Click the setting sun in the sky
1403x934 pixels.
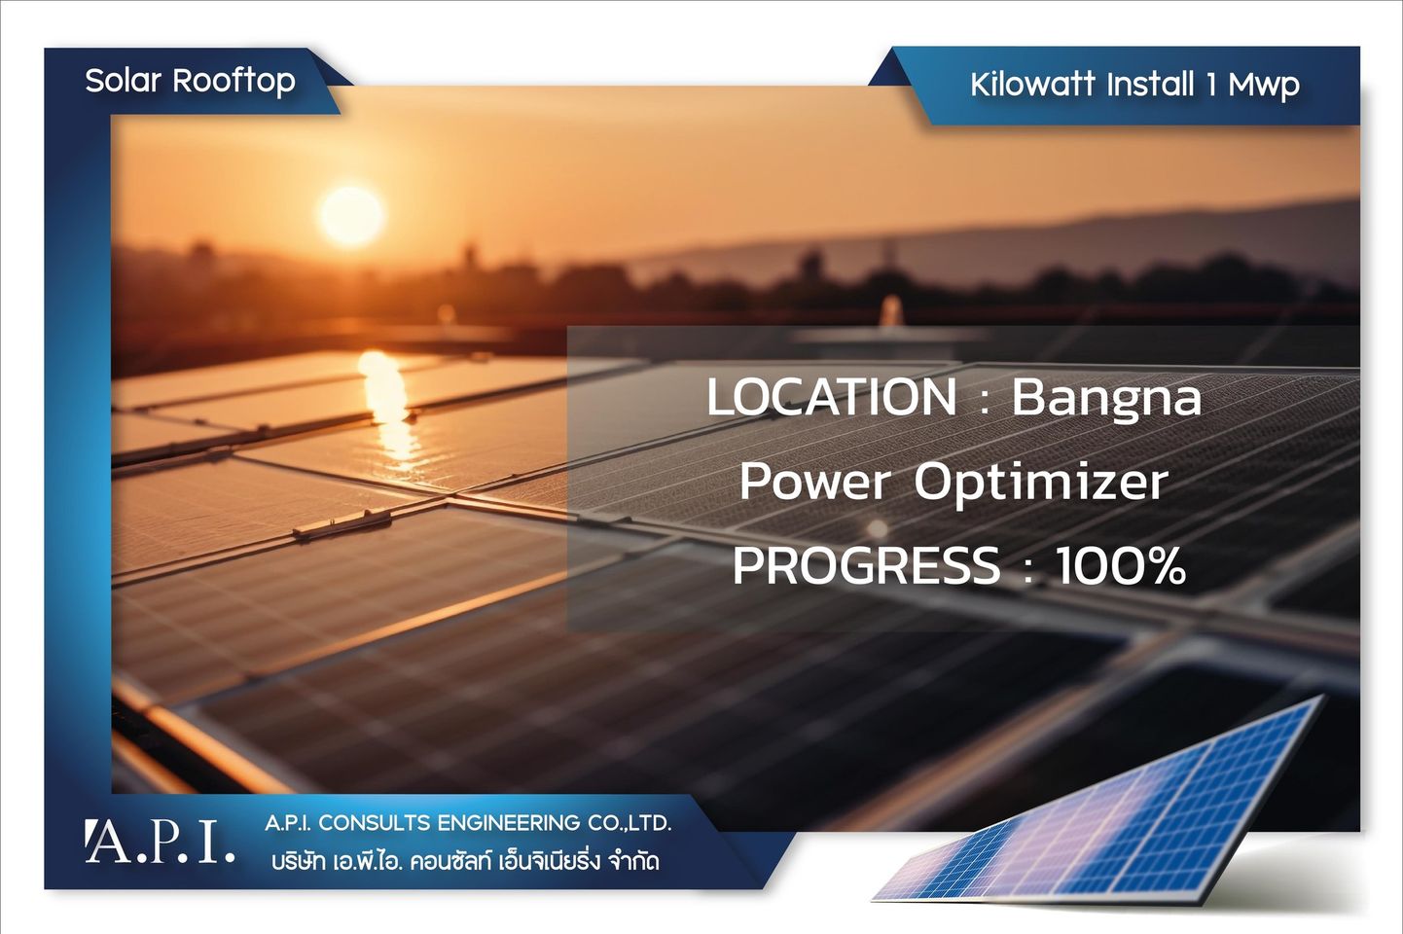pos(351,215)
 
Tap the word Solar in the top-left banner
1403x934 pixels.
pos(124,81)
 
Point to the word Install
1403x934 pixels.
pos(1151,85)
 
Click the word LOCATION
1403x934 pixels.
pos(832,397)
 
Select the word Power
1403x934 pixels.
pos(814,482)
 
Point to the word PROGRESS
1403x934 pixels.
pos(866,565)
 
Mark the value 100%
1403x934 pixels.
pos(1121,565)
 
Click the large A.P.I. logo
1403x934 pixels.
pos(161,842)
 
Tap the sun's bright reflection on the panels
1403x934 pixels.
pos(388,408)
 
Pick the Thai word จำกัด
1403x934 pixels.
pos(633,862)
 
